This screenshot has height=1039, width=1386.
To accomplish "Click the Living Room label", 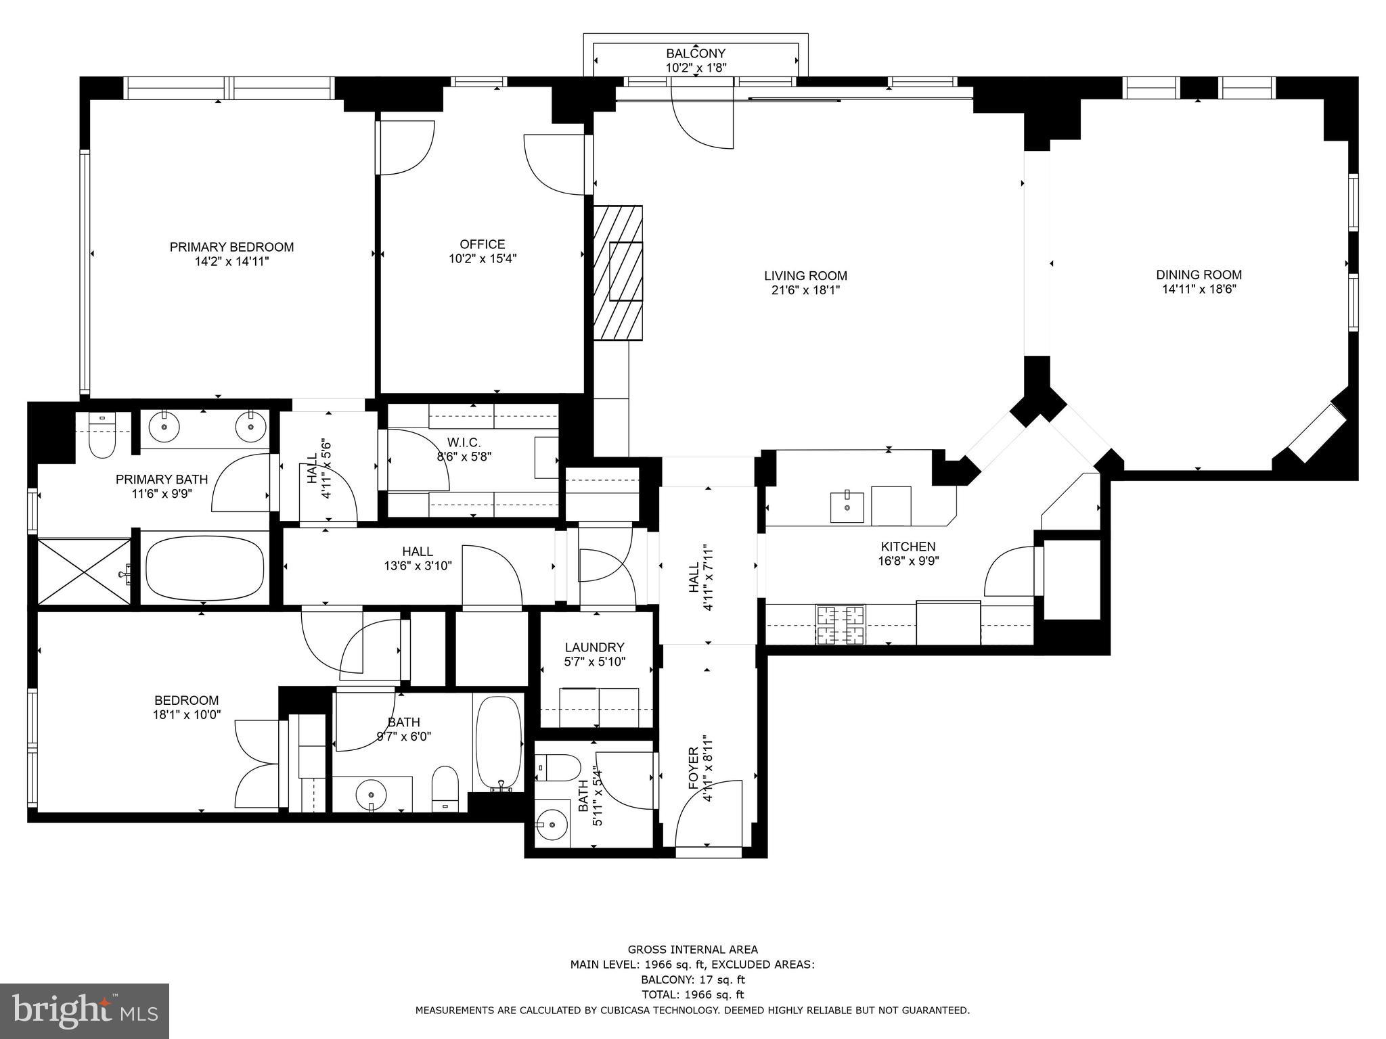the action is pyautogui.click(x=805, y=276).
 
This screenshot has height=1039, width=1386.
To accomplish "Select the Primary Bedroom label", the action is pyautogui.click(x=231, y=247).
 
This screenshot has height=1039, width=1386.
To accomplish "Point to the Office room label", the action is pyautogui.click(x=483, y=244).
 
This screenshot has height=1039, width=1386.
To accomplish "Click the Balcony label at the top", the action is pyautogui.click(x=696, y=53).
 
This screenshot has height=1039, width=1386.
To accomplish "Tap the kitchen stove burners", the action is pyautogui.click(x=841, y=624).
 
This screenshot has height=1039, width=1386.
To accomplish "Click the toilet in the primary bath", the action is pyautogui.click(x=103, y=433).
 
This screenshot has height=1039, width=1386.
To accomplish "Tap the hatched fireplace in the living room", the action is pyautogui.click(x=618, y=273).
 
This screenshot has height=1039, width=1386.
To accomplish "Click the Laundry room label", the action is pyautogui.click(x=594, y=647).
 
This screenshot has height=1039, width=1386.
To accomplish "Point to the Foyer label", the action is pyautogui.click(x=693, y=768).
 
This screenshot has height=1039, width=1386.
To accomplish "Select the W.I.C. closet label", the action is pyautogui.click(x=464, y=442).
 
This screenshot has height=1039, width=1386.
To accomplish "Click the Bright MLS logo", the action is pyautogui.click(x=85, y=1011).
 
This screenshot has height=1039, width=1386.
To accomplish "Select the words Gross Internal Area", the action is pyautogui.click(x=693, y=950).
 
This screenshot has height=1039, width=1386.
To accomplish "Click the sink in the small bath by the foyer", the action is pyautogui.click(x=552, y=825).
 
